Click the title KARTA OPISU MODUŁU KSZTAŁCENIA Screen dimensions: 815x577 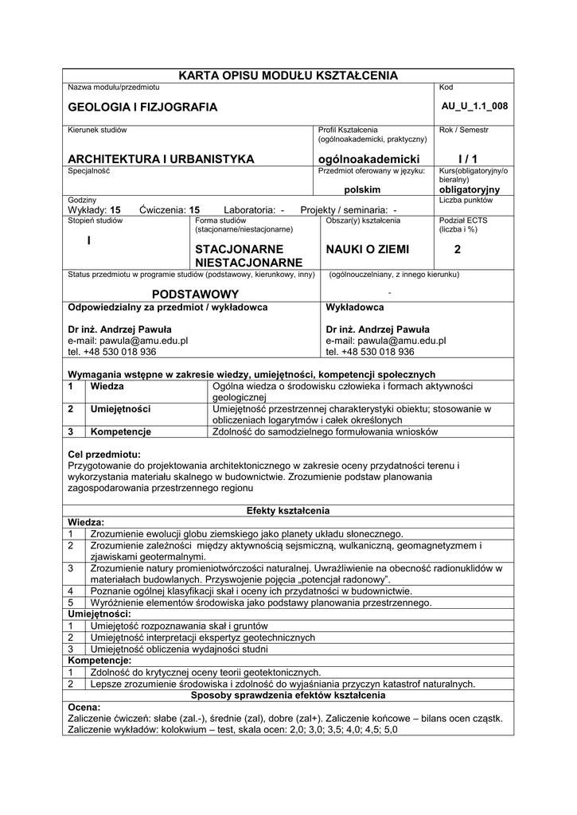tap(288, 75)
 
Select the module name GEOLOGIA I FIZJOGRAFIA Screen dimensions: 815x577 tap(142, 107)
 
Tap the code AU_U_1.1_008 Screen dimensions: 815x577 tap(474, 106)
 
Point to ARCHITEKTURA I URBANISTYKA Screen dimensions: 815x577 tap(161, 158)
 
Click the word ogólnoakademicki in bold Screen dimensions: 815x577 tap(368, 158)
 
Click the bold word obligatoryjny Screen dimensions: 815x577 tap(470, 190)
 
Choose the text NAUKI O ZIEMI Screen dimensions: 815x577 tap(367, 249)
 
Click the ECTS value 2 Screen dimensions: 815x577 tap(458, 249)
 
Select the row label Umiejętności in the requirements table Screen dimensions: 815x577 tap(121, 409)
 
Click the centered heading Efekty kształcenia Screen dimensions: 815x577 tap(288, 510)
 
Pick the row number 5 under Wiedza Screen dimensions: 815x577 tap(71, 602)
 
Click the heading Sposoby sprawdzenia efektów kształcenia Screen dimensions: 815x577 tap(288, 695)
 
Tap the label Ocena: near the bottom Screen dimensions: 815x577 tap(84, 707)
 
